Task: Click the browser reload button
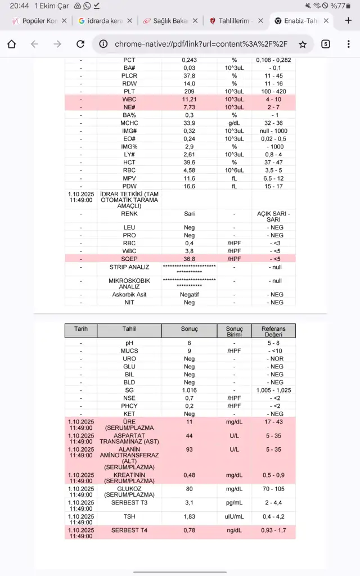(x=80, y=44)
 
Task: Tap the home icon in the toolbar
(x=12, y=44)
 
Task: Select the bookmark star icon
(x=303, y=44)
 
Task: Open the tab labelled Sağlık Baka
(x=167, y=21)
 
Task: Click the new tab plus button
(x=348, y=21)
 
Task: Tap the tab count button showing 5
(x=326, y=44)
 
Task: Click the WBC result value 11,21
(x=189, y=99)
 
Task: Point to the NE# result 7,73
(x=189, y=107)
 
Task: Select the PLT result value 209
(x=189, y=91)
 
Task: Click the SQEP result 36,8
(x=189, y=259)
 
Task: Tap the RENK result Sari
(x=189, y=214)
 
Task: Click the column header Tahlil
(x=129, y=330)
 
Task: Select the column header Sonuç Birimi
(x=234, y=331)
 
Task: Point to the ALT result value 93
(x=189, y=450)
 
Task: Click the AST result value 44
(x=189, y=436)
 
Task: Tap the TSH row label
(x=129, y=516)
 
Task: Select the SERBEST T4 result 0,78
(x=189, y=530)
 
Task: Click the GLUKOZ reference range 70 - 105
(x=273, y=489)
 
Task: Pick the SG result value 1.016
(x=189, y=390)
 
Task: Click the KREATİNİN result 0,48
(x=189, y=475)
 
